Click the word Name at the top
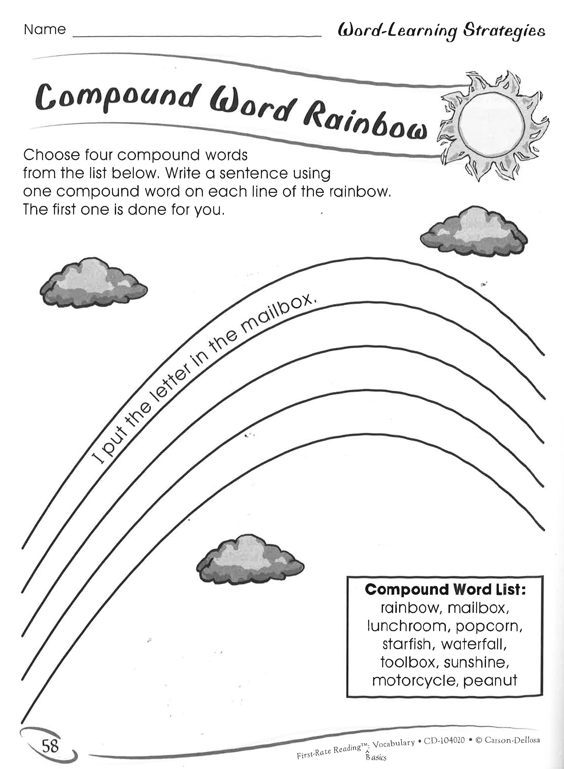[45, 30]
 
